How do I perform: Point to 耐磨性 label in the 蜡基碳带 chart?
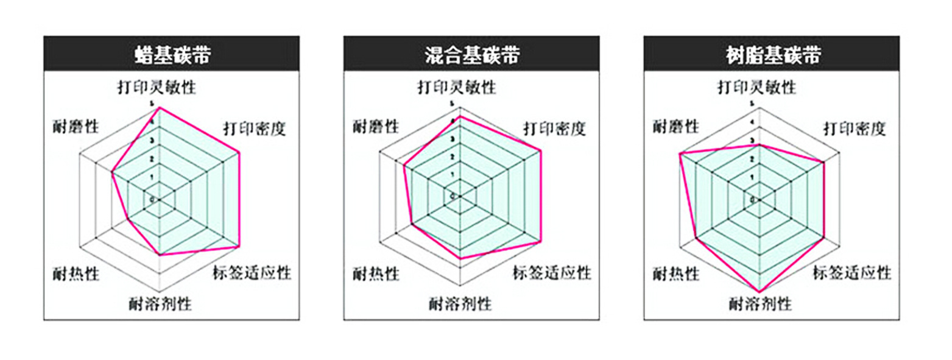pos(76,126)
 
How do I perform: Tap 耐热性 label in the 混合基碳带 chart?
pos(376,274)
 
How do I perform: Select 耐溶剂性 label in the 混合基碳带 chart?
pos(460,303)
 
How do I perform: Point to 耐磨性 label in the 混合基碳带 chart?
pos(376,126)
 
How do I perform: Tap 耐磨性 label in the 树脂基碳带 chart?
pos(675,126)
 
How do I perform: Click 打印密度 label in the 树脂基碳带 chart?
pos(854,129)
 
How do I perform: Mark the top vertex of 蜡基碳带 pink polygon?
pos(160,108)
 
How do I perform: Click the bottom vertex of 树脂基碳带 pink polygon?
pos(759,291)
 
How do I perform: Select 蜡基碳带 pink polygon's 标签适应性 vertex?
pos(239,246)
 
